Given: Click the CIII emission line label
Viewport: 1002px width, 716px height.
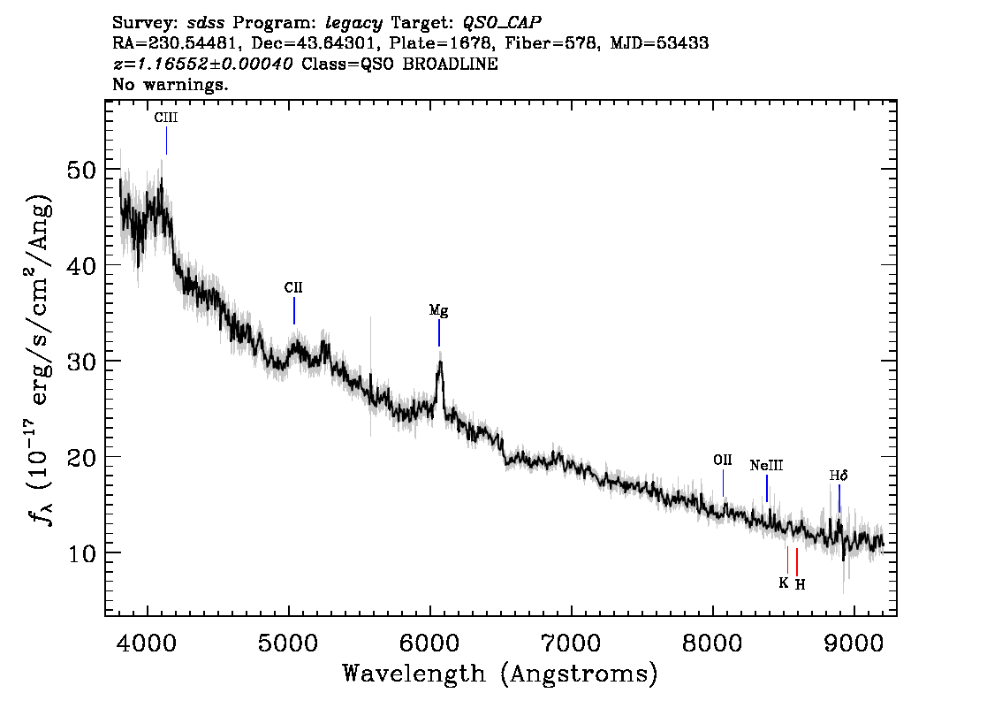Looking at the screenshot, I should coord(166,117).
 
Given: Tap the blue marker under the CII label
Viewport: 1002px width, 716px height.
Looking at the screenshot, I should coord(294,310).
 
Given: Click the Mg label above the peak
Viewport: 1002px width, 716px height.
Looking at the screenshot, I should coord(438,310).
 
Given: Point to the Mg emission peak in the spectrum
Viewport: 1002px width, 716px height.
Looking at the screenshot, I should coord(440,362).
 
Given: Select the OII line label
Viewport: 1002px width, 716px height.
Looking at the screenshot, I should coord(723,460).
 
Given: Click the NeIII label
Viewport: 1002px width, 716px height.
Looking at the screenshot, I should coord(766,465).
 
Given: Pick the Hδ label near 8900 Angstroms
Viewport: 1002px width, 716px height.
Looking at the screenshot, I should coord(839,476).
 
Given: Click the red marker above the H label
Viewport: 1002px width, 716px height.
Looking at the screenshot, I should coord(797,561).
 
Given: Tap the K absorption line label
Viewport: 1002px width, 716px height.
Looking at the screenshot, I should coord(783,583).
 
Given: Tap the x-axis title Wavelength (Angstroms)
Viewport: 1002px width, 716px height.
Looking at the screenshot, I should coord(500,674).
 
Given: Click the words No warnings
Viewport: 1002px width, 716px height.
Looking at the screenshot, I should coord(171,85).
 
